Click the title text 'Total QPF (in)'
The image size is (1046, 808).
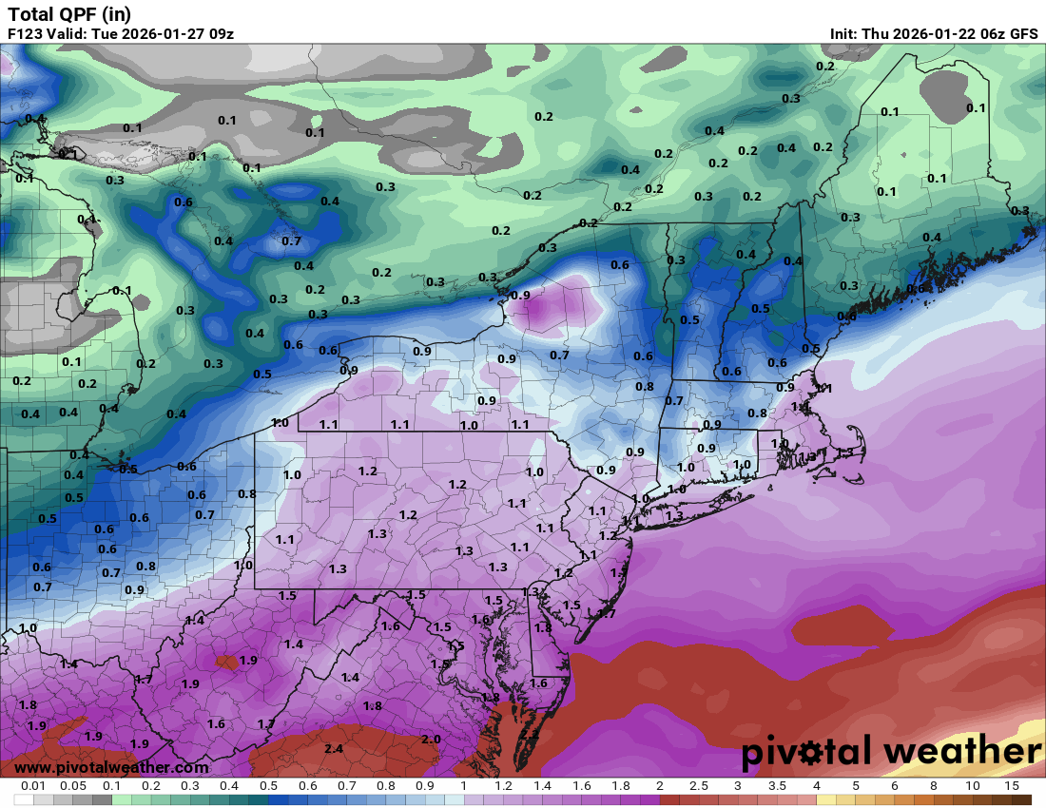coord(69,14)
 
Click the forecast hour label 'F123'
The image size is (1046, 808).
coord(26,34)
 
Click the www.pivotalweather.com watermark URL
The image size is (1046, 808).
coord(112,767)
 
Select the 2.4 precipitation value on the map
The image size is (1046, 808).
coord(334,749)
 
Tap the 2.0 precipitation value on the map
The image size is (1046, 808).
coord(431,740)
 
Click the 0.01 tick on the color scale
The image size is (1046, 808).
coord(34,786)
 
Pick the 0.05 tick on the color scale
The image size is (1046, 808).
coord(73,786)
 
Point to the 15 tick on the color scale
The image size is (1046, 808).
coord(1011,786)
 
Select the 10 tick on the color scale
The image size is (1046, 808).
coord(972,786)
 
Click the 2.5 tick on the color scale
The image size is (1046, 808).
coord(698,786)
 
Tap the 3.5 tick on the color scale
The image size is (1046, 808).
coord(777,786)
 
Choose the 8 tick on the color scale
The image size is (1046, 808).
coord(933,786)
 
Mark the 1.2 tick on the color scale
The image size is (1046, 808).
coord(503,786)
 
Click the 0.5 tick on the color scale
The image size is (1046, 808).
coord(268,786)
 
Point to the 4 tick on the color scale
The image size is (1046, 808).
coord(816,786)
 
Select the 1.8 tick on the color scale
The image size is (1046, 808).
coord(620,786)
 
